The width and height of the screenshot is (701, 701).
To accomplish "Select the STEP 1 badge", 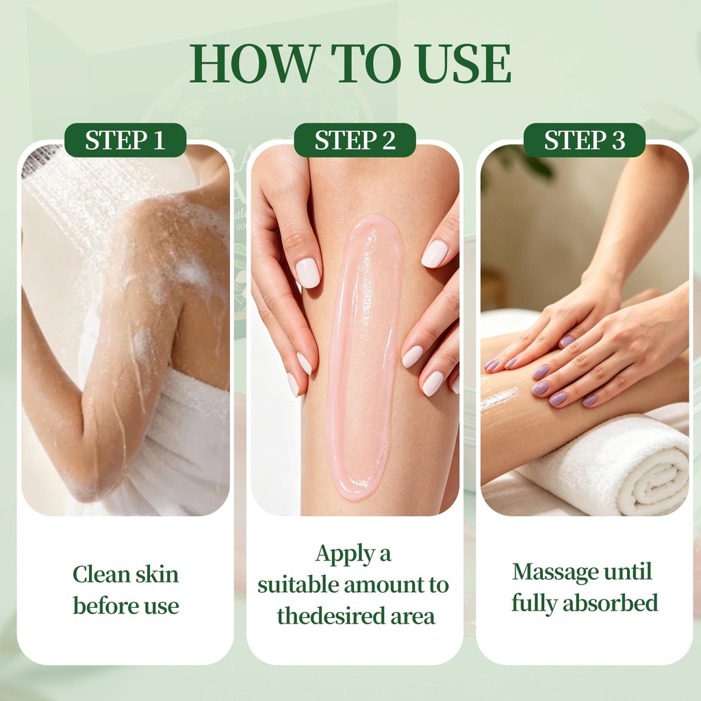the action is click(125, 140).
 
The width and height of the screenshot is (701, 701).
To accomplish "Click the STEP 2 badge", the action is click(355, 140).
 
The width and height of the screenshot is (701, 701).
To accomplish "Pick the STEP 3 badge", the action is click(585, 140).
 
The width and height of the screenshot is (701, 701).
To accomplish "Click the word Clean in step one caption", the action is click(101, 574).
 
